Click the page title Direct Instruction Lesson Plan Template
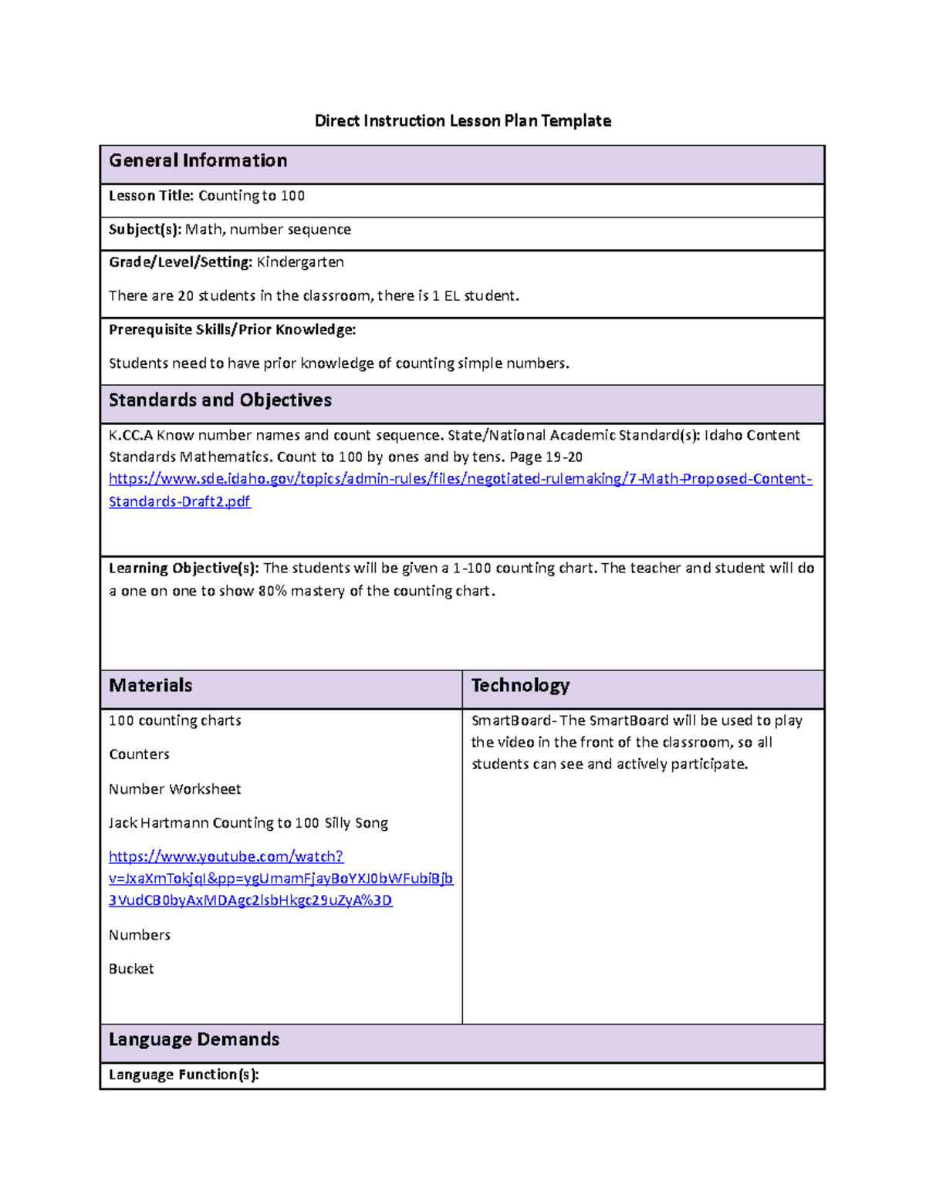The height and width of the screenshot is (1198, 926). [462, 120]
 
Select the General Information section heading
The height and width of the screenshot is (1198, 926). [198, 160]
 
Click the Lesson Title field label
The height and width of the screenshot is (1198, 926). [150, 196]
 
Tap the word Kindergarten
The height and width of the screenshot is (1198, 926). [300, 262]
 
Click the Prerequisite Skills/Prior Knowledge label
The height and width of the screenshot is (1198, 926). [232, 330]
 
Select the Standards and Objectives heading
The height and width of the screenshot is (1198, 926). [220, 400]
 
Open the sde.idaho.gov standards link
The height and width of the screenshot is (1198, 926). [460, 479]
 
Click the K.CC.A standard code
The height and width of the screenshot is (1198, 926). [130, 436]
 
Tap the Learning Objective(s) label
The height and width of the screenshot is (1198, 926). [184, 569]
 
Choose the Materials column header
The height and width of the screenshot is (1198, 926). [150, 686]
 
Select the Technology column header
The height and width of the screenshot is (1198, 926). [520, 686]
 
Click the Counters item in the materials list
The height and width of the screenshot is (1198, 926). [139, 754]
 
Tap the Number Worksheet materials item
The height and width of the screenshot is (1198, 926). [174, 789]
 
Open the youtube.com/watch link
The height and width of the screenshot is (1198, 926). [226, 857]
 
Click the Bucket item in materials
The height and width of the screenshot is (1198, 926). [131, 969]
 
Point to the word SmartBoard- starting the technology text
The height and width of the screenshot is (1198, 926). [513, 720]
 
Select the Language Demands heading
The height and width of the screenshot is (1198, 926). [194, 1040]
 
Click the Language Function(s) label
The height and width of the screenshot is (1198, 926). [184, 1075]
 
